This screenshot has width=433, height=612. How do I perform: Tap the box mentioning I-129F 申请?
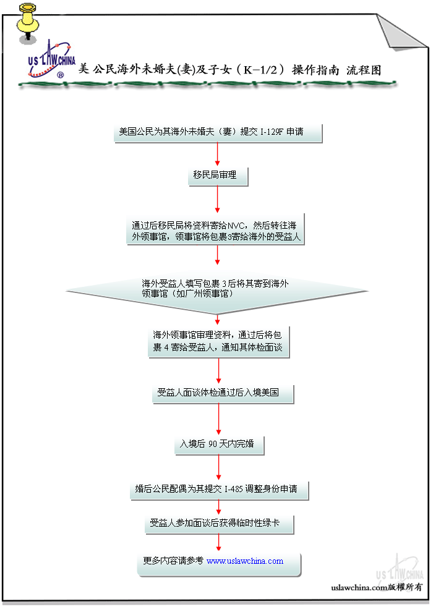point(218,133)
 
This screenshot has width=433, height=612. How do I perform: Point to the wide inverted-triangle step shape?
point(216,289)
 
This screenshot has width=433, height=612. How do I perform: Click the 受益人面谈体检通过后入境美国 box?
point(221,393)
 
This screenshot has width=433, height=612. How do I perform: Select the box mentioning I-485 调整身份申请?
point(219,489)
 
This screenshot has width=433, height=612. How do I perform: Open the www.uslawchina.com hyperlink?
point(245,561)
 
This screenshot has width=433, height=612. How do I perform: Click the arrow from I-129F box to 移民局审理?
point(218,156)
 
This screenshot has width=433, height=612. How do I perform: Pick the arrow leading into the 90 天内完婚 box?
point(218,420)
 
